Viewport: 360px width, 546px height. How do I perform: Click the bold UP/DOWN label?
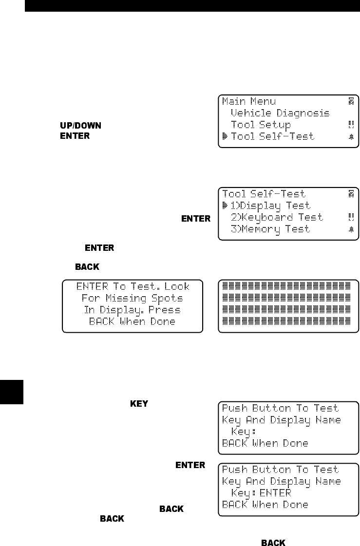pos(80,126)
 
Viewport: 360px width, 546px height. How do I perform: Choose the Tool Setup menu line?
pos(261,125)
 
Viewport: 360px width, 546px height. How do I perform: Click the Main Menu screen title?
pos(249,101)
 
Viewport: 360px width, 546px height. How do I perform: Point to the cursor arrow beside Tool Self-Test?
pos(225,136)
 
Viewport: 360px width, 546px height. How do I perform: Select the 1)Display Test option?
pos(270,206)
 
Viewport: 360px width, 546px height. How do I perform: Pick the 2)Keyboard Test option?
pos(277,217)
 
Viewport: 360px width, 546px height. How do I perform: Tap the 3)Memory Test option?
pos(270,229)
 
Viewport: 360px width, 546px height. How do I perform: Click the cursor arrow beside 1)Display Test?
pos(225,206)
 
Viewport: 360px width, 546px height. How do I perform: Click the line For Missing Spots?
pos(132,298)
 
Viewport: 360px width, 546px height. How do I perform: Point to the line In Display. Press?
pos(132,310)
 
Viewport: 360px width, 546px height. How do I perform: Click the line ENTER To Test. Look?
pos(132,286)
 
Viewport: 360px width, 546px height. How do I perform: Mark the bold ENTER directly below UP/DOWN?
pos(75,136)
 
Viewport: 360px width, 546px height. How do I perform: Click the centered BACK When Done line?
pos(132,321)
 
